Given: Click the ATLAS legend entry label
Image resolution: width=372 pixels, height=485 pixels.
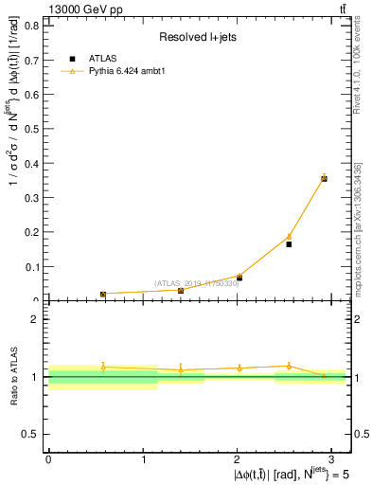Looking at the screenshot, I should pyautogui.click(x=102, y=58).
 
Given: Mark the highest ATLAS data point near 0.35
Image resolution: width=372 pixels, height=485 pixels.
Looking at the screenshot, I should pyautogui.click(x=324, y=178).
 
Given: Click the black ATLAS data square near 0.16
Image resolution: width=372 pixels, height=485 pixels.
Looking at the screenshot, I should pyautogui.click(x=289, y=244).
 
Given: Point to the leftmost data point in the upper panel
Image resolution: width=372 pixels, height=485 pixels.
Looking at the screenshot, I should pyautogui.click(x=103, y=294).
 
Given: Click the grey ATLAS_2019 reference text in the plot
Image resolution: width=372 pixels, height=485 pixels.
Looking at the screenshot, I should pyautogui.click(x=197, y=283).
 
